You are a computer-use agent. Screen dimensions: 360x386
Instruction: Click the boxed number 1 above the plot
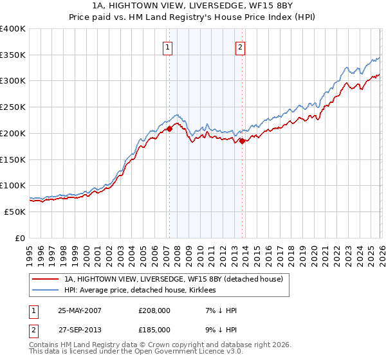[168, 46]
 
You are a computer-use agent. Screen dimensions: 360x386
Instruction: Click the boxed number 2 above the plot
[240, 46]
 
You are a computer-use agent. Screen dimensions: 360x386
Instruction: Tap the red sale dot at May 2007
[170, 129]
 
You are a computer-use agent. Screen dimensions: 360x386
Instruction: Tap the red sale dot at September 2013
[242, 141]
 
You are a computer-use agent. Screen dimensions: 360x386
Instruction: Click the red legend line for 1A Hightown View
[46, 280]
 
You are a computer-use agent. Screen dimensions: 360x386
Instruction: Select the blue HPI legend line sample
[46, 291]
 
